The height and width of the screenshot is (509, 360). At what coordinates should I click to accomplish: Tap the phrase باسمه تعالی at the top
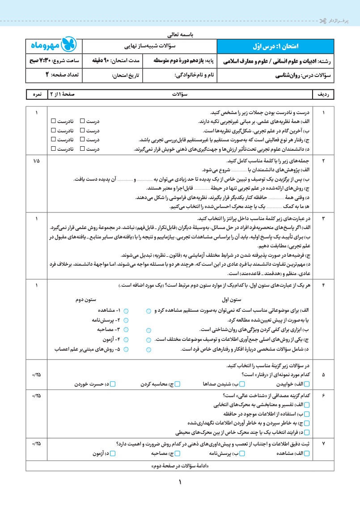180,34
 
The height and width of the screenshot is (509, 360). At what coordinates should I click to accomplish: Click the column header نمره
37,95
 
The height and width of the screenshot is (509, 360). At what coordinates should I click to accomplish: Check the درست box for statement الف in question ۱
82,121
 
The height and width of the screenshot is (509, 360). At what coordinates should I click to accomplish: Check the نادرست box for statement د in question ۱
53,148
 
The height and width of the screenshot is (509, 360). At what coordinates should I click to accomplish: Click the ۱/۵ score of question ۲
36,160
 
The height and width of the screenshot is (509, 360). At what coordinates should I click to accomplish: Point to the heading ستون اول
232,299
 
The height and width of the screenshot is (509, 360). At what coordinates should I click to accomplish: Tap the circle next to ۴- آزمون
126,339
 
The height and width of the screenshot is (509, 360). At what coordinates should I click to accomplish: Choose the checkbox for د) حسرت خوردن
113,384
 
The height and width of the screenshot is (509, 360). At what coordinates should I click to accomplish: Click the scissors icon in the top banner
322,21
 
